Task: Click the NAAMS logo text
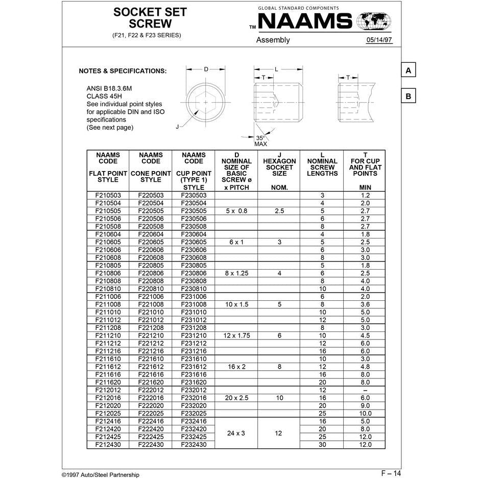[305, 22]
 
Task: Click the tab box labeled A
[408, 70]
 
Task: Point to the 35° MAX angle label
[261, 141]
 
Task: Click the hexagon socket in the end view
[205, 102]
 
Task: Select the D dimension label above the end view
[206, 68]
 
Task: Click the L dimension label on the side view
[276, 68]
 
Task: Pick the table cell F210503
[108, 195]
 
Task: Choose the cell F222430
[151, 445]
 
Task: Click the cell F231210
[194, 335]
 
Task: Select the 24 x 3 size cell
[236, 433]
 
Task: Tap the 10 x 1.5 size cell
[236, 304]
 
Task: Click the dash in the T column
[365, 390]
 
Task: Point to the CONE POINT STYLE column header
[151, 167]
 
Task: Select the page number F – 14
[391, 473]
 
